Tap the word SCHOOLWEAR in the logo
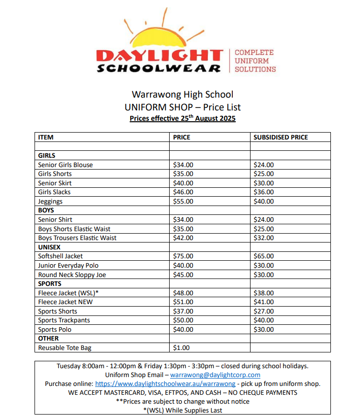(x=159, y=69)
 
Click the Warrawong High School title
(x=182, y=95)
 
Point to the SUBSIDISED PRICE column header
(x=281, y=138)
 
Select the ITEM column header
(x=46, y=138)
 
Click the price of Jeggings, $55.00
(x=183, y=201)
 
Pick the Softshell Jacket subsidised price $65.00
(x=263, y=256)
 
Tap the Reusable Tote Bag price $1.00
(x=181, y=347)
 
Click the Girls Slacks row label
(x=54, y=192)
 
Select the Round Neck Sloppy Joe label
(x=72, y=275)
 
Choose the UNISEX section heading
(x=49, y=247)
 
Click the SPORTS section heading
(x=50, y=284)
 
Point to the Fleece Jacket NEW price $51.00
(x=183, y=302)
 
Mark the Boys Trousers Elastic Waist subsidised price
(x=263, y=238)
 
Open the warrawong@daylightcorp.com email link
(x=215, y=375)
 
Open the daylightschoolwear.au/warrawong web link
(x=165, y=383)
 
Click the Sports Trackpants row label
(x=64, y=320)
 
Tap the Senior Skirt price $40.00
(x=183, y=183)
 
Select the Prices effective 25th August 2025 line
(x=182, y=119)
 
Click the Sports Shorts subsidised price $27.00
(x=263, y=311)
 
